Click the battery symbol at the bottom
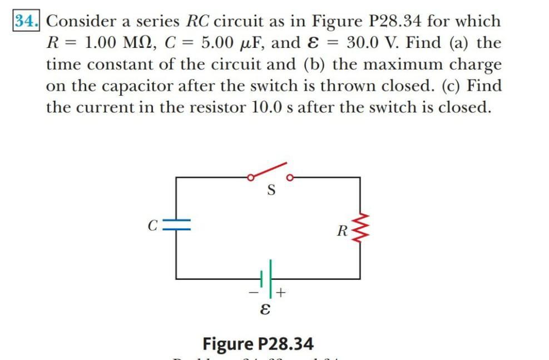pyautogui.click(x=268, y=277)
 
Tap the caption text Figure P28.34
pyautogui.click(x=258, y=343)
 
